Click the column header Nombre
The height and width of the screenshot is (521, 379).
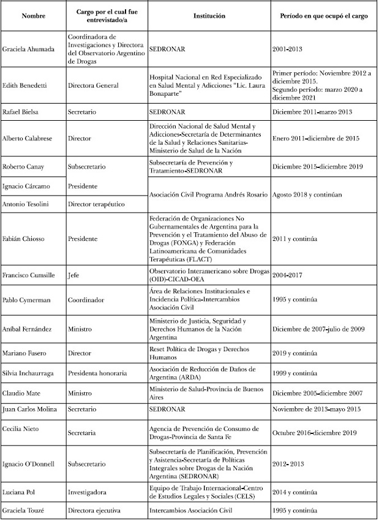[33, 15]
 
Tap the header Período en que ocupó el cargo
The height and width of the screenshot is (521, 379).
[323, 15]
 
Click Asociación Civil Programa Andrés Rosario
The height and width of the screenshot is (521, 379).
[208, 194]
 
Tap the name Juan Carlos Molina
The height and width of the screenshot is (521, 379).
[31, 409]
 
